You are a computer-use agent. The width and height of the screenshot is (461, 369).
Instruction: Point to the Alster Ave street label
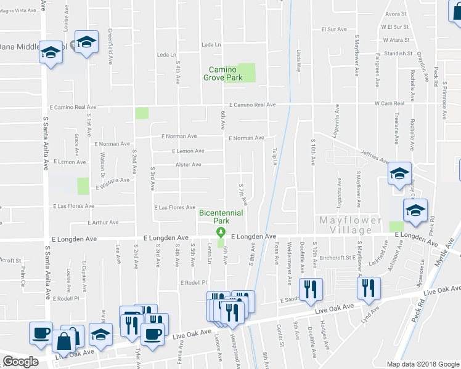(188, 165)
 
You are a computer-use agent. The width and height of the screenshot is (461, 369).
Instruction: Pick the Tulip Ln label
(275, 156)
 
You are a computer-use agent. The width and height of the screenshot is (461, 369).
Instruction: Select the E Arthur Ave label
(103, 223)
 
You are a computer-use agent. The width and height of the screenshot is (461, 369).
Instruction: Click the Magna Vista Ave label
(18, 10)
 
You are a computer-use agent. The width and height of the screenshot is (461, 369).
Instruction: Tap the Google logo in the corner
(20, 362)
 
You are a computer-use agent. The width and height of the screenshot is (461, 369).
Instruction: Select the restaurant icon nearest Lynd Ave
(369, 288)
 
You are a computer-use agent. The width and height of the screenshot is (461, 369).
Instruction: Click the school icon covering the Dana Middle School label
(51, 52)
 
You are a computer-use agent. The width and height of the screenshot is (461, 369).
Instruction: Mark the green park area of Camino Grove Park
(246, 73)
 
